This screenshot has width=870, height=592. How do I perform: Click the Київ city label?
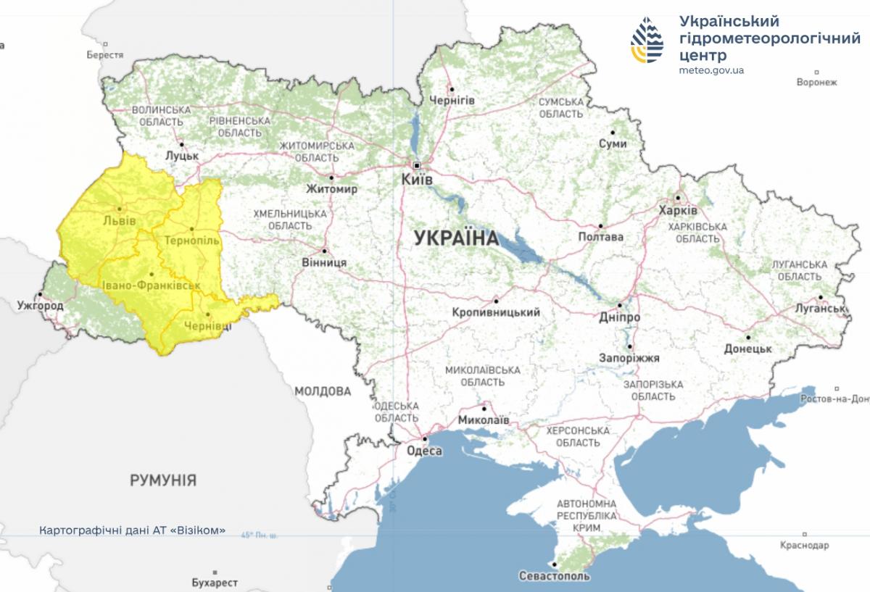[417, 178]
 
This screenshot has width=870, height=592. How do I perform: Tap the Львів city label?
[119, 220]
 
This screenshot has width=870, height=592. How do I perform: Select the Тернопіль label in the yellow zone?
[191, 239]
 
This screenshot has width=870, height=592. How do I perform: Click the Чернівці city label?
[207, 326]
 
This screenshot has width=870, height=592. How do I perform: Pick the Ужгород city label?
[40, 306]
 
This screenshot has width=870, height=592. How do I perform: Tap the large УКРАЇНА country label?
[456, 238]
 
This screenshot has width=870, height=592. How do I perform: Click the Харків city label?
[678, 210]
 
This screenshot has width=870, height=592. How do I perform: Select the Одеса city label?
[425, 451]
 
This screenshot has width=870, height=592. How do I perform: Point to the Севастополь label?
[555, 576]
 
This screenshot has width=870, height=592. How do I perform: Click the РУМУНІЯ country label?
[163, 480]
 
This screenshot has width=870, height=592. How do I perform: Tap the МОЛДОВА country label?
[323, 391]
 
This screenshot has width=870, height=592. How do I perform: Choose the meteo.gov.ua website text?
[711, 70]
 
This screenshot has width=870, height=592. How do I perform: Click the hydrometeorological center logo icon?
[647, 40]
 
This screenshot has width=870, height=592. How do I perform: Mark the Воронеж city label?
[816, 82]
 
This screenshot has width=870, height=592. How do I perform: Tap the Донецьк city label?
[747, 349]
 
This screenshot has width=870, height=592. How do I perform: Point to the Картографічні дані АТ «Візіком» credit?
[132, 530]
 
